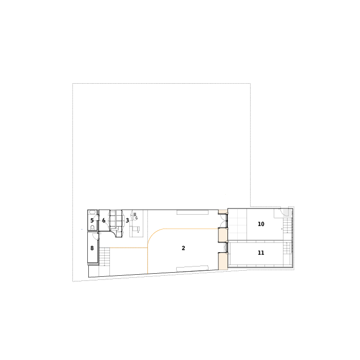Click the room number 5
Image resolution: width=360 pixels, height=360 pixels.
[x=92, y=220]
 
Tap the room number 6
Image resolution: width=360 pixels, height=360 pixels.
[x=104, y=220]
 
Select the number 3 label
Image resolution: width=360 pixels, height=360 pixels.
[x=127, y=220]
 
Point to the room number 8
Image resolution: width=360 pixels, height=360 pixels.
[x=92, y=248]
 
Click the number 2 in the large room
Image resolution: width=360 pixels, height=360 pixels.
[x=183, y=248]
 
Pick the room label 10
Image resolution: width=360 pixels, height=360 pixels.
[x=261, y=224]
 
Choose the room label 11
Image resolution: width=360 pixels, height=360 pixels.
[x=261, y=253]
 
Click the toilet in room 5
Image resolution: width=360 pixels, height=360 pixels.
[x=92, y=228]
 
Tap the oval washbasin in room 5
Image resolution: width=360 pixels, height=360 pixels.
[x=92, y=213]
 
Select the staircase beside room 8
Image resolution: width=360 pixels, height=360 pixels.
[x=104, y=257]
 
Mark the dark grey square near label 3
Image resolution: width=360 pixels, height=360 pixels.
[x=135, y=214]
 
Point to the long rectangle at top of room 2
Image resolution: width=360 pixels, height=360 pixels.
[x=193, y=212]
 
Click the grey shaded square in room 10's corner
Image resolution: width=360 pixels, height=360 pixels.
[x=286, y=212]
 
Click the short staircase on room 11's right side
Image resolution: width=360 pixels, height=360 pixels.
[x=287, y=248]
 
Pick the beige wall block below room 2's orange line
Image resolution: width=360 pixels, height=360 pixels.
[x=222, y=235]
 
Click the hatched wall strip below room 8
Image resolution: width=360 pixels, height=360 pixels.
[x=93, y=264]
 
